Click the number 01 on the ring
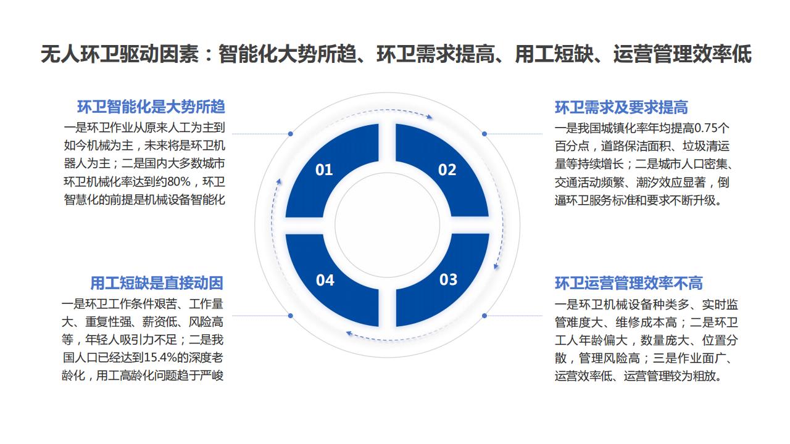pyautogui.click(x=324, y=170)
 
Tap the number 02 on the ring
pyautogui.click(x=447, y=170)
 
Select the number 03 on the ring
pyautogui.click(x=448, y=279)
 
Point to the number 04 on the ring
pyautogui.click(x=325, y=280)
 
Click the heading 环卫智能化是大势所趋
pyautogui.click(x=151, y=107)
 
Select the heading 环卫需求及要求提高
pyautogui.click(x=621, y=107)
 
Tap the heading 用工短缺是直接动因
pyautogui.click(x=157, y=283)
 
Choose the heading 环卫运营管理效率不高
pyautogui.click(x=628, y=283)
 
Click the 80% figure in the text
pyautogui.click(x=179, y=182)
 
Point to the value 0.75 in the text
pyautogui.click(x=705, y=128)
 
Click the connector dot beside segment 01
pyautogui.click(x=290, y=134)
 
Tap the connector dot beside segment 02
pyautogui.click(x=484, y=134)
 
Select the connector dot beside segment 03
pyautogui.click(x=484, y=316)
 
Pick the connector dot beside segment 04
pyautogui.click(x=290, y=316)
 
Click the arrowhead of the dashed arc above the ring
pyautogui.click(x=430, y=117)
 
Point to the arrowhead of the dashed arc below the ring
pyautogui.click(x=349, y=333)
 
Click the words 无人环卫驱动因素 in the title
pyautogui.click(x=120, y=54)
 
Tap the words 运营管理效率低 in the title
pyautogui.click(x=682, y=54)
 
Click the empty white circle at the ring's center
pyautogui.click(x=387, y=225)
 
